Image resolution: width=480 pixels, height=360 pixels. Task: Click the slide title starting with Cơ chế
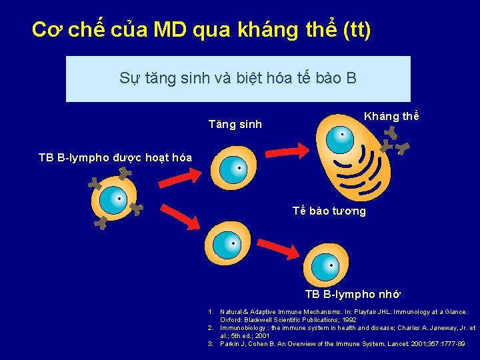click(x=201, y=29)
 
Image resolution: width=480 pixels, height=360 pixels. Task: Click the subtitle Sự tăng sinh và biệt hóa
click(x=238, y=78)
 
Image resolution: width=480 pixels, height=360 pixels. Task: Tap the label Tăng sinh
click(x=235, y=124)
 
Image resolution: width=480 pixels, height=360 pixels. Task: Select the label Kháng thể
click(x=391, y=116)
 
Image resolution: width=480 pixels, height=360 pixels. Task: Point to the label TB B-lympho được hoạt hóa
click(x=115, y=158)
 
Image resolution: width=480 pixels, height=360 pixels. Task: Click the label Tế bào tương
click(x=329, y=211)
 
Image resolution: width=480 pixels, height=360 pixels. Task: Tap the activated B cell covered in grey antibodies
click(x=117, y=199)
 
